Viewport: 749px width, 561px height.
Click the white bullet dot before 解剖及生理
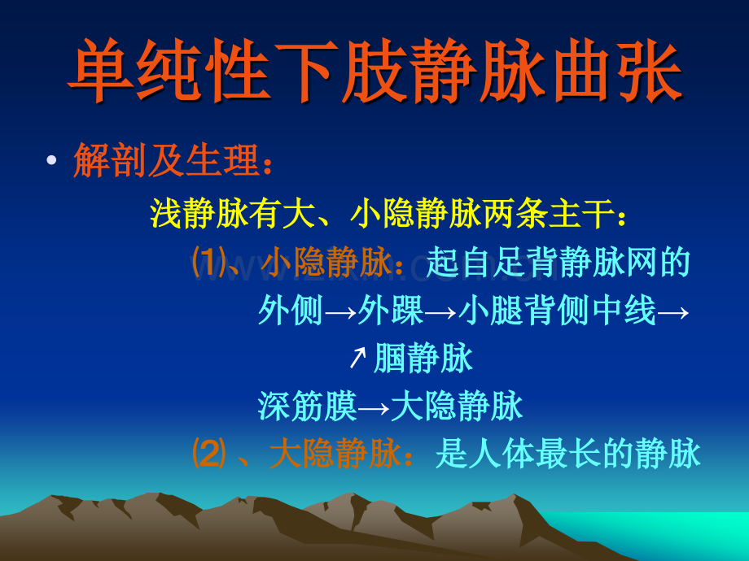point(51,160)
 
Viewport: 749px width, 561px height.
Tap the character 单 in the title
point(100,70)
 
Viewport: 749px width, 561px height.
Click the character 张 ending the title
point(649,70)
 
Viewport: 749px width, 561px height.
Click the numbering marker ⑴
point(208,262)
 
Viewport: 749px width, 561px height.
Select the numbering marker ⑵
point(208,453)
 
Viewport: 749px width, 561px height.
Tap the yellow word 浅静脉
point(199,213)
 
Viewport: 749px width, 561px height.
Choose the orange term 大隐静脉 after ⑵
point(335,453)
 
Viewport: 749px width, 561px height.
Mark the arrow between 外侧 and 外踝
point(340,312)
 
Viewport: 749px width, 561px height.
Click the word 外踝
point(390,310)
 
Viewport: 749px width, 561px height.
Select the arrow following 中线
point(673,312)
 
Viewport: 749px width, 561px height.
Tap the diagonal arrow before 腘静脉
point(357,358)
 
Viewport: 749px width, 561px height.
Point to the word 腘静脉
point(423,358)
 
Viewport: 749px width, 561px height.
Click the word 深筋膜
point(308,406)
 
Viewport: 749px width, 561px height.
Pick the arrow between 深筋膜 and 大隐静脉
point(374,408)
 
